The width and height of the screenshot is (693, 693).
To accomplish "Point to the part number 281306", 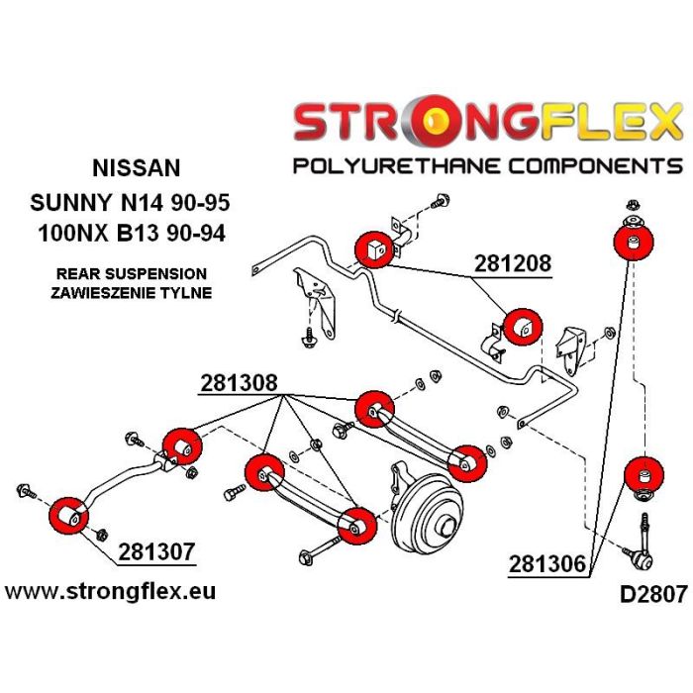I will [x=547, y=563].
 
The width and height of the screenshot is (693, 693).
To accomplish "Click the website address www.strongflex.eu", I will [x=110, y=592].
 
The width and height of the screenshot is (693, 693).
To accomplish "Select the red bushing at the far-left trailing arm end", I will [x=68, y=516].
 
